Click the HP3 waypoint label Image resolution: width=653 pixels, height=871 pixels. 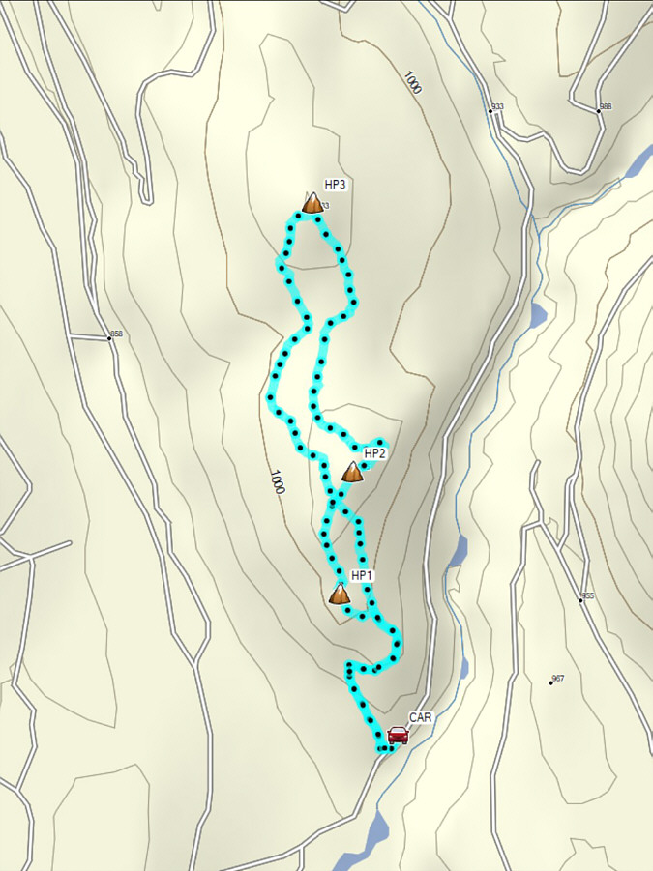(x=336, y=184)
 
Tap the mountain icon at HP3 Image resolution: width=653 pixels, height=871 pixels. (x=312, y=203)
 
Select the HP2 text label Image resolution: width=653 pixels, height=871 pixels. (x=375, y=452)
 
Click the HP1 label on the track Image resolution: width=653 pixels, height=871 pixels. (x=362, y=576)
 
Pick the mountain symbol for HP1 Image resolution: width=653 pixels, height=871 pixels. (x=340, y=594)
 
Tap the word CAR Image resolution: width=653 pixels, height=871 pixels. (x=420, y=718)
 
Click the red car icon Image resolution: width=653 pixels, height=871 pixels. (x=398, y=736)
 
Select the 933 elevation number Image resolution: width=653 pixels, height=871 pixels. (x=498, y=106)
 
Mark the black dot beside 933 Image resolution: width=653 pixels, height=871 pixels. (x=490, y=112)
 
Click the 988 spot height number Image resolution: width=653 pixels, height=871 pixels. (x=606, y=106)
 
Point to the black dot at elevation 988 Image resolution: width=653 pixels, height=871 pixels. (x=599, y=111)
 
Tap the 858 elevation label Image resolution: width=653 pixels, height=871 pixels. (x=116, y=334)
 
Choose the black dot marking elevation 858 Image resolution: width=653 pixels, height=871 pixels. (x=108, y=338)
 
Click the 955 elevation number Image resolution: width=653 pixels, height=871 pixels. (x=588, y=596)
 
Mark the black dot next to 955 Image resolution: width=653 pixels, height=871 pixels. (x=581, y=600)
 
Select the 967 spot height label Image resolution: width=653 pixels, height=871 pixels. (x=558, y=679)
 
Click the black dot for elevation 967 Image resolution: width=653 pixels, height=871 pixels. (x=550, y=683)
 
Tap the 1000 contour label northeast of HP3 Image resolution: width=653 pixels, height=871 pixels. (x=413, y=83)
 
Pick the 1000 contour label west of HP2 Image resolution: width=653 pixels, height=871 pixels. (x=278, y=480)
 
